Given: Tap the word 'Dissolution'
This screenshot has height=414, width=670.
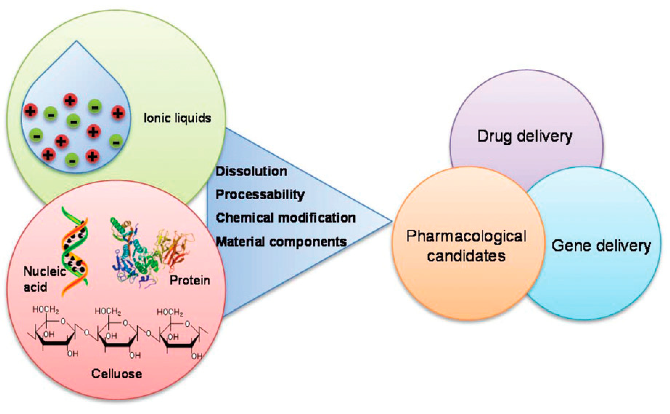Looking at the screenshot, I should (251, 172).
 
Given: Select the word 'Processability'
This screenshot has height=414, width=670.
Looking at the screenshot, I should (260, 195).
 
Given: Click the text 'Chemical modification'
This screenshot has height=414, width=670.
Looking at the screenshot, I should (286, 218).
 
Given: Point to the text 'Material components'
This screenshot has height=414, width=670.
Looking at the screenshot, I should (281, 242).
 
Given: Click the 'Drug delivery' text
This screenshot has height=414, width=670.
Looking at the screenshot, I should (524, 136).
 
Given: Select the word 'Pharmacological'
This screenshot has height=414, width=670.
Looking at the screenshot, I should (466, 236).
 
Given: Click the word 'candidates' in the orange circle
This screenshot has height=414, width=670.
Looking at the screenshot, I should (466, 256).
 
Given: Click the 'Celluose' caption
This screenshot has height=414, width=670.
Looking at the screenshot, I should (117, 374).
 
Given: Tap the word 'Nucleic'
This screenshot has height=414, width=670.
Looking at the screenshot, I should (44, 272).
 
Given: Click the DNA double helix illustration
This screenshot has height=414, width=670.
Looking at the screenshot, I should (74, 251).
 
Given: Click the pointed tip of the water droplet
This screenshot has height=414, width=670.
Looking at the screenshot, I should (76, 42).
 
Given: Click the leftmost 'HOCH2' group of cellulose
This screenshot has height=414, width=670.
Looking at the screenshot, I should (45, 310).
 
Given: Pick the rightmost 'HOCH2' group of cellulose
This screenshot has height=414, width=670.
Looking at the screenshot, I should (170, 312).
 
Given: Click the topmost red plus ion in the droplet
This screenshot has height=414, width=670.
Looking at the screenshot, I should (70, 100).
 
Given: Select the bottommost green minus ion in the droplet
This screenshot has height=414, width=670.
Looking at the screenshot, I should (72, 160).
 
